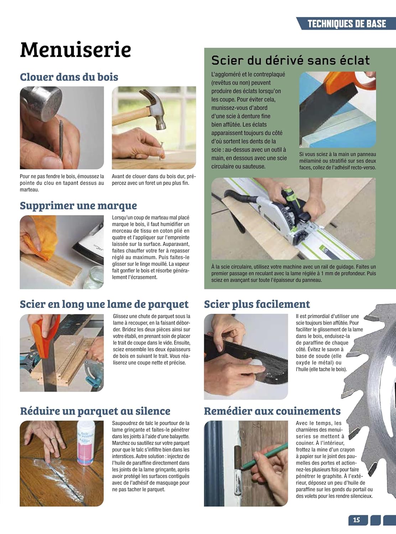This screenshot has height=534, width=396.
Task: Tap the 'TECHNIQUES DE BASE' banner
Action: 347,23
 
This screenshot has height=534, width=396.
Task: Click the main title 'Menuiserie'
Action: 75,49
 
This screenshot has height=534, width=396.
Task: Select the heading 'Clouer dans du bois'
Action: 69,77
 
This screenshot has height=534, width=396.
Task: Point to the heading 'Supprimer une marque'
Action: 78,206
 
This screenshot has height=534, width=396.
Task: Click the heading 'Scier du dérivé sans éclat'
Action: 291,60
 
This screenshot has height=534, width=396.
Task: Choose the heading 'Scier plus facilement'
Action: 257,304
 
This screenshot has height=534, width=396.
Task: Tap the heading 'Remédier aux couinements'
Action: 272,411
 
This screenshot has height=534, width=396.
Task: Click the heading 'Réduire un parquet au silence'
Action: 95,411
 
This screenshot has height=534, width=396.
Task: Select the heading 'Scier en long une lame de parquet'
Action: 104,304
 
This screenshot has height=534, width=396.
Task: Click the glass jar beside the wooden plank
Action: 94,278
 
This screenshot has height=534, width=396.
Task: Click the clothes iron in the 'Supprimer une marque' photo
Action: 89,243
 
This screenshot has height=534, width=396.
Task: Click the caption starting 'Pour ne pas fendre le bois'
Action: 62,183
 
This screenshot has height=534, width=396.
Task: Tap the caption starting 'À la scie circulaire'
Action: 293,273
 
